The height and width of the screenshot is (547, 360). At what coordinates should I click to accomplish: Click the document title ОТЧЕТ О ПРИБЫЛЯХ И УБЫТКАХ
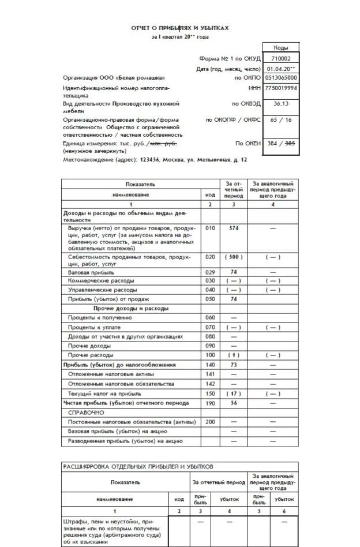tap(179, 27)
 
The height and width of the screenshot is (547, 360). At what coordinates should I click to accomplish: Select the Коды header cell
tap(281, 48)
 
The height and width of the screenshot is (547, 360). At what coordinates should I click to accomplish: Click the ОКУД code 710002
tap(281, 58)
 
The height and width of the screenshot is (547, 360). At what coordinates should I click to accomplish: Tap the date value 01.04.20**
tap(281, 69)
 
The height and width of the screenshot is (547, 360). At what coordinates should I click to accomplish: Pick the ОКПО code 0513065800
tap(281, 77)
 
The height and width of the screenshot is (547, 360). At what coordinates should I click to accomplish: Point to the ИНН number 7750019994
tap(281, 88)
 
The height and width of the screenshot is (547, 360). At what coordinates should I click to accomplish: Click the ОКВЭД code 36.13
tap(281, 104)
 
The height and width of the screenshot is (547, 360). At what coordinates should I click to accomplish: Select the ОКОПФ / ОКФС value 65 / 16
tap(281, 119)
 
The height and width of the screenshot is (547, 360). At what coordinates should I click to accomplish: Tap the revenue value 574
tap(234, 228)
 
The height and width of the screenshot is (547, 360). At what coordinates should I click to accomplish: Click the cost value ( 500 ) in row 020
tap(234, 257)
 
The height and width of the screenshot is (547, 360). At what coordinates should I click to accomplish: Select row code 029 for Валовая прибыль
tap(210, 272)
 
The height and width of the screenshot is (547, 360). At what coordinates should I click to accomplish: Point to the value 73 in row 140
tap(234, 365)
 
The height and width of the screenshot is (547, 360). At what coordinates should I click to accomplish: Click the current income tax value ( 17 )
tap(234, 394)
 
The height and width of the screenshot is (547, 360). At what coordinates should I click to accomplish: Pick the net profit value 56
tap(234, 403)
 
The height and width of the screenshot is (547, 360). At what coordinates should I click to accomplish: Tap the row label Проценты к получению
tap(100, 318)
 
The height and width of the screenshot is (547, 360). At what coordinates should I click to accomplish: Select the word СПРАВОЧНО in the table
tap(86, 413)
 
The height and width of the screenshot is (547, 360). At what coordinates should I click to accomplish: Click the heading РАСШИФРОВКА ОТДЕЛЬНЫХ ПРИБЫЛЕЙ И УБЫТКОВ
tap(138, 466)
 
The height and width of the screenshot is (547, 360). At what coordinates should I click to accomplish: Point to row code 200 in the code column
tap(210, 422)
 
